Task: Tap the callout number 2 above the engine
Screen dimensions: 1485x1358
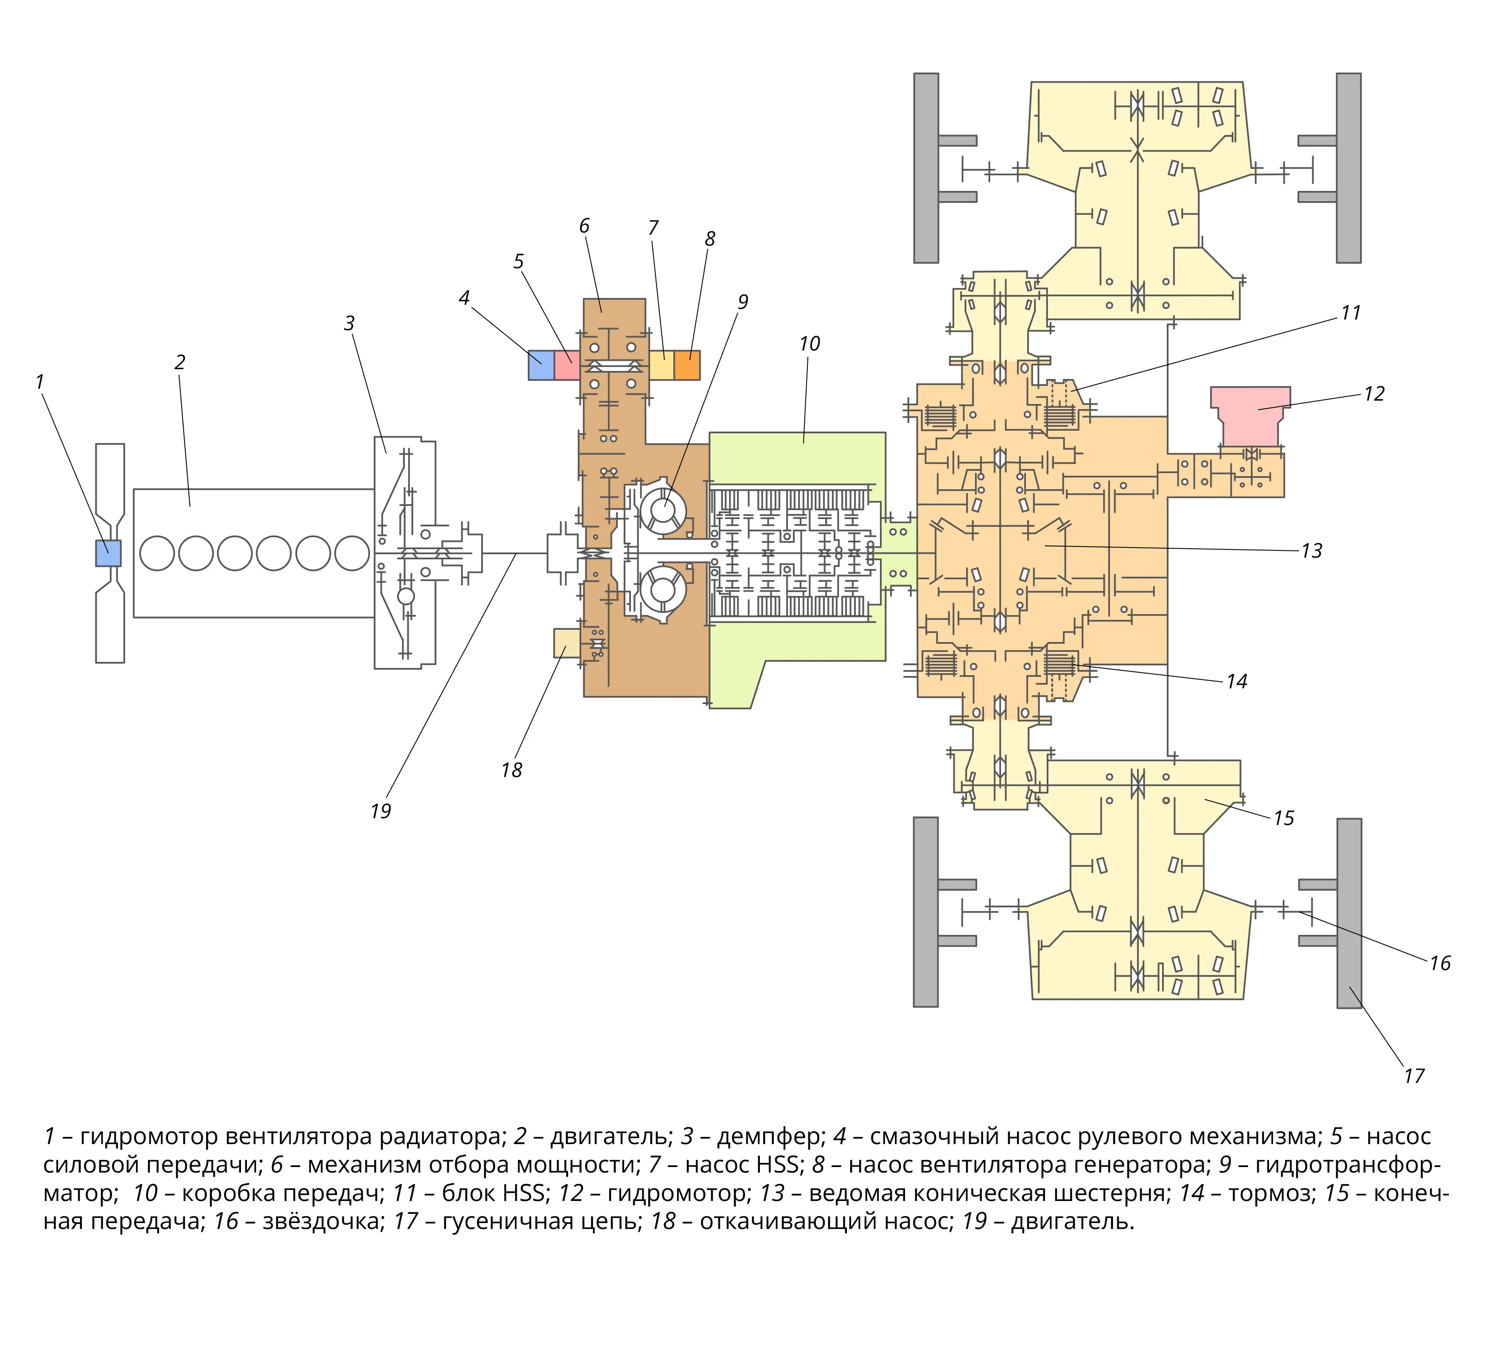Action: point(180,362)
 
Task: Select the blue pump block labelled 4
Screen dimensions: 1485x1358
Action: point(541,365)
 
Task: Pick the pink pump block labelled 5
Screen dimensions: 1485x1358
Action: point(567,365)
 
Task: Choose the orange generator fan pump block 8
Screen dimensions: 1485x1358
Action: point(687,365)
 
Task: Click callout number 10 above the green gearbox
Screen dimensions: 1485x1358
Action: point(810,343)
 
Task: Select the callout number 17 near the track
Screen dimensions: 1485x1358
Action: point(1414,1077)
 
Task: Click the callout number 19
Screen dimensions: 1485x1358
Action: point(380,811)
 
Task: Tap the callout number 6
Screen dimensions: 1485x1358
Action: point(584,225)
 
